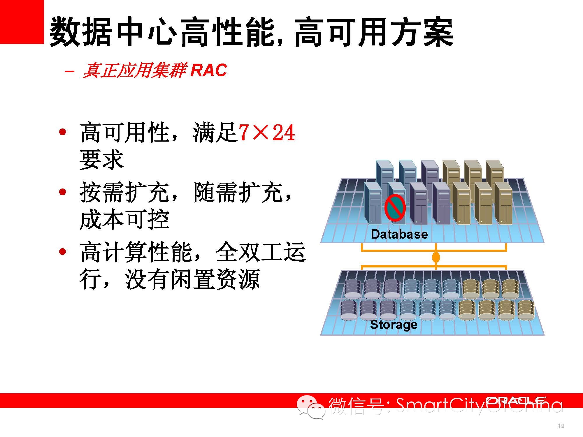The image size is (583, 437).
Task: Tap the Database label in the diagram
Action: (399, 234)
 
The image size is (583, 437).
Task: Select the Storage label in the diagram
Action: (394, 325)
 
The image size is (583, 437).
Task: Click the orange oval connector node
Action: (436, 258)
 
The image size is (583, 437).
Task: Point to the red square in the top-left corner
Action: (22, 22)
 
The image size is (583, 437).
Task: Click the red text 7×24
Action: (267, 133)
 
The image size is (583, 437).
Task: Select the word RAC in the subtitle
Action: (209, 70)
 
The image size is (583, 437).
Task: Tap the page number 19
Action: (561, 426)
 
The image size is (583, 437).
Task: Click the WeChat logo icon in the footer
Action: (311, 407)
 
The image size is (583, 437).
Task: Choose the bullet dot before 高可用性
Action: (62, 132)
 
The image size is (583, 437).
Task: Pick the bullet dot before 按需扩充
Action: (62, 192)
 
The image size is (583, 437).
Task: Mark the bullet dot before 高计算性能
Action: (62, 252)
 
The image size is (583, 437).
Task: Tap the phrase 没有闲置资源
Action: (193, 279)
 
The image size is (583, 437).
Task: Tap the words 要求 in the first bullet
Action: (102, 160)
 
